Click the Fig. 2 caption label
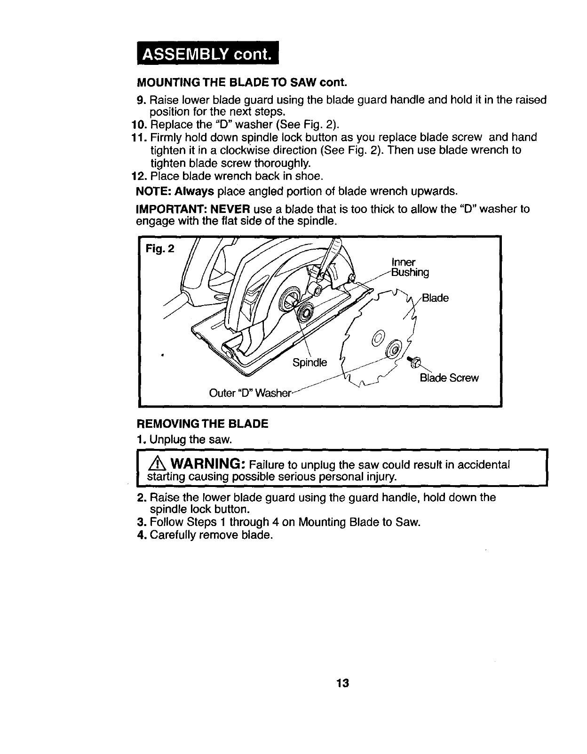[159, 248]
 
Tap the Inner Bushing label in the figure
[410, 267]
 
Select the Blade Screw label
[449, 378]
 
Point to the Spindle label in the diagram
[309, 362]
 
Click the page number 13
[342, 683]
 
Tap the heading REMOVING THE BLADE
[202, 424]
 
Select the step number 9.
[140, 100]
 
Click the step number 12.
[139, 176]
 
